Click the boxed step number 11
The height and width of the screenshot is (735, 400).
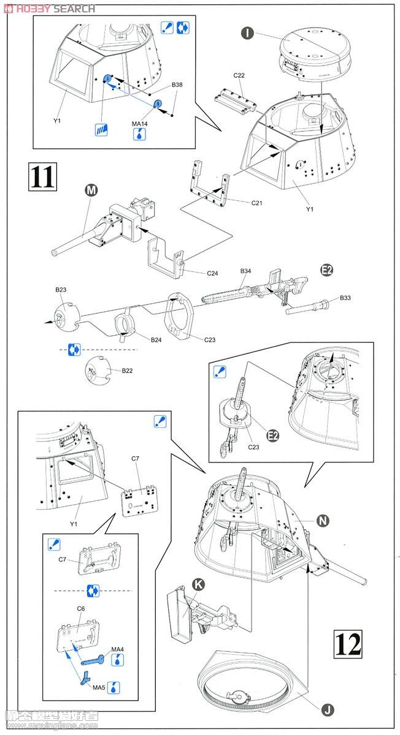click(x=42, y=176)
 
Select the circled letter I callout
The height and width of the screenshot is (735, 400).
click(x=247, y=32)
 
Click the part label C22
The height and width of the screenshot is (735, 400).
click(x=239, y=75)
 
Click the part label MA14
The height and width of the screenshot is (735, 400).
click(x=140, y=124)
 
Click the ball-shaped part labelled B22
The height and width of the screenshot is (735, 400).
click(x=96, y=368)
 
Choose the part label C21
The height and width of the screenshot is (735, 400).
click(x=257, y=203)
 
